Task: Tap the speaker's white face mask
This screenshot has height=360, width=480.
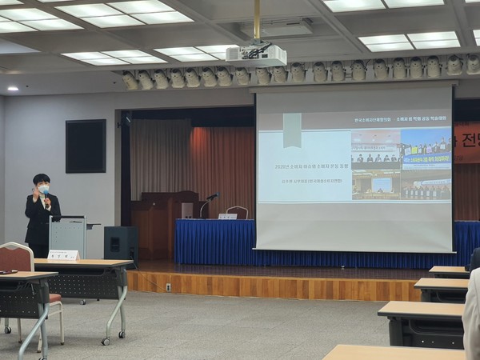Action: point(43,190)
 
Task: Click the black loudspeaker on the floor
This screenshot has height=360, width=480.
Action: point(121,243)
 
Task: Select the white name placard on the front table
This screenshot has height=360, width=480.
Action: point(63,255)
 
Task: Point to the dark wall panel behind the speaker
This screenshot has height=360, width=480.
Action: point(86,146)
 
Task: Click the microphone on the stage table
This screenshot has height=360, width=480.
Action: point(212,196)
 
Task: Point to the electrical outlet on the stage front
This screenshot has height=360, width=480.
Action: point(168,286)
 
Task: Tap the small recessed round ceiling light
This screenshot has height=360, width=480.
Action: point(12,88)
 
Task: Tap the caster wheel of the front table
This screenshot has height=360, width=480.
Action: point(106,342)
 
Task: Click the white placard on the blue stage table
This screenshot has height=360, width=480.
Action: point(228,216)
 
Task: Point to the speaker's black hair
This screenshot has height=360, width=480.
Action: point(41,178)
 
